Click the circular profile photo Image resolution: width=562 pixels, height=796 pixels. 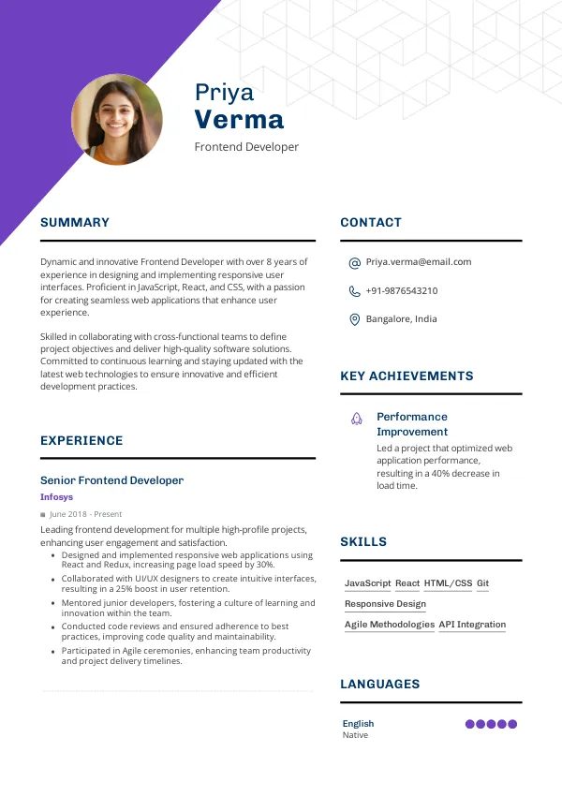117,120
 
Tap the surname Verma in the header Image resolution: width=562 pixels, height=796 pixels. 239,120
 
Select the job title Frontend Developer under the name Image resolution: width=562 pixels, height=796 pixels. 246,147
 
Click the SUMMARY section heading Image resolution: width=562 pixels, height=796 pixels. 75,223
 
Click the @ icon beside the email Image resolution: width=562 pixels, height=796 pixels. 354,263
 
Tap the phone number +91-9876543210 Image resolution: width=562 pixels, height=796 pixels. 401,291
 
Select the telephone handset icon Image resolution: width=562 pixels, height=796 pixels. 354,291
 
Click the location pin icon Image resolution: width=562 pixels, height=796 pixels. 354,319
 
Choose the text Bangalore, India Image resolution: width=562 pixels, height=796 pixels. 401,319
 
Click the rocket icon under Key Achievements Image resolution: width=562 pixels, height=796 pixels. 357,419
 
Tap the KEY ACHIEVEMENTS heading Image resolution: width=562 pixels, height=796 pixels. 407,376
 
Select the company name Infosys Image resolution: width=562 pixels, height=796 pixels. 56,497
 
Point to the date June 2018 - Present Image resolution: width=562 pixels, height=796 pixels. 85,514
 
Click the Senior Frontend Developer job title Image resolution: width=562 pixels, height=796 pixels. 111,480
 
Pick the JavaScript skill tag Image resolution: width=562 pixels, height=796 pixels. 367,583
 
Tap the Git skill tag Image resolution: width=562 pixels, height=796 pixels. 482,583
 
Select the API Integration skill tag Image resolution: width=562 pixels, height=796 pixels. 472,625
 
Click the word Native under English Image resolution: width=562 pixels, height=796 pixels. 355,735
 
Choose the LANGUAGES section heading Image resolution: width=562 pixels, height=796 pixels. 379,685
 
